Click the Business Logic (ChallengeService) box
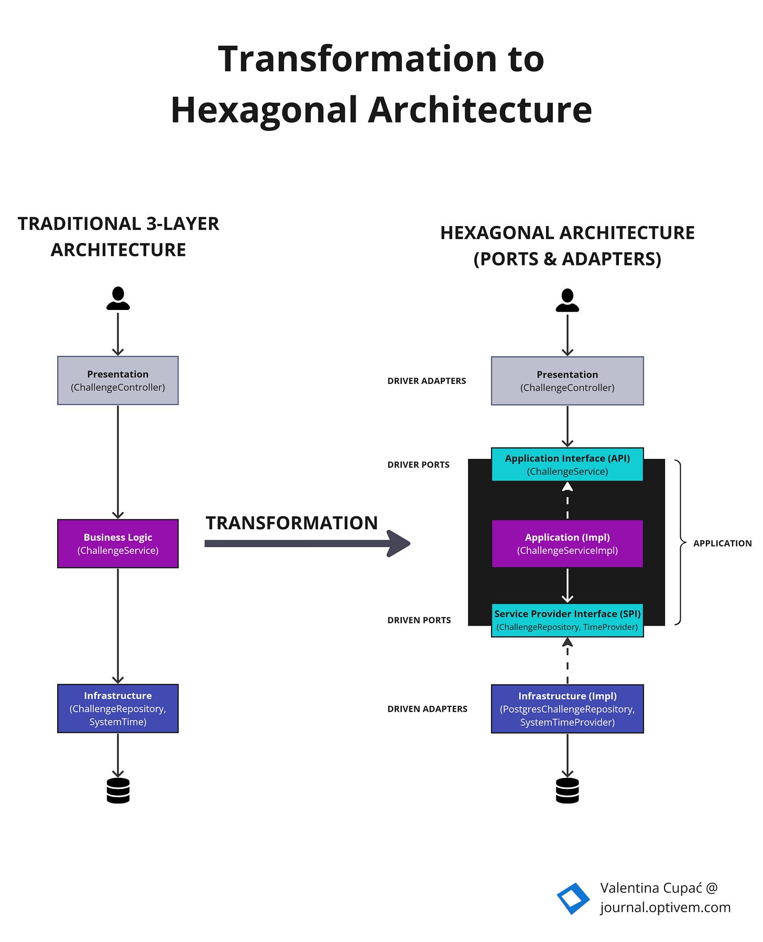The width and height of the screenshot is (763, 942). coord(118,543)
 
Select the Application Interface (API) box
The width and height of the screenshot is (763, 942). coord(567,464)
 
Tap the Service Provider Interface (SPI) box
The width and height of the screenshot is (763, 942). coord(567,620)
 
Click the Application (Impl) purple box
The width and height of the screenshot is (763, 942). coord(567,543)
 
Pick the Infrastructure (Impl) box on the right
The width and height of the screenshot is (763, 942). coord(567,709)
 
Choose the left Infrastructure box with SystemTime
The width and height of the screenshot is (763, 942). coord(118,708)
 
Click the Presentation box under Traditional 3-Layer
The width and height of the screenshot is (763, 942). coord(118,380)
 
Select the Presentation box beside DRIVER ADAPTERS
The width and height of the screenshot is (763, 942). coord(567,381)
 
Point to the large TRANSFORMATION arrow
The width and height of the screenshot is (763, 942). coord(307,543)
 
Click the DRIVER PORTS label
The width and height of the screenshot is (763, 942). coord(418,465)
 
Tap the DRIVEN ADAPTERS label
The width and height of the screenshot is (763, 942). coord(427,709)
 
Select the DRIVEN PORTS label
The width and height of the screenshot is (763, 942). coord(419,620)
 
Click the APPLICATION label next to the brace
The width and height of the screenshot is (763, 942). coord(722,543)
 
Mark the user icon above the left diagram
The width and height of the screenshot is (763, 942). coord(118,298)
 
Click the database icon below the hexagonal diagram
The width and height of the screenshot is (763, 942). coord(567,790)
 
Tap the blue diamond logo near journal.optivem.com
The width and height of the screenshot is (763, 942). coord(573,898)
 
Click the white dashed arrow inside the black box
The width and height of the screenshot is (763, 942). coord(567,500)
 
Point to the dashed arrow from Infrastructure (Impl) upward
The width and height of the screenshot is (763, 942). coord(567,660)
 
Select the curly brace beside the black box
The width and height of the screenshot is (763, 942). coord(680,542)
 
